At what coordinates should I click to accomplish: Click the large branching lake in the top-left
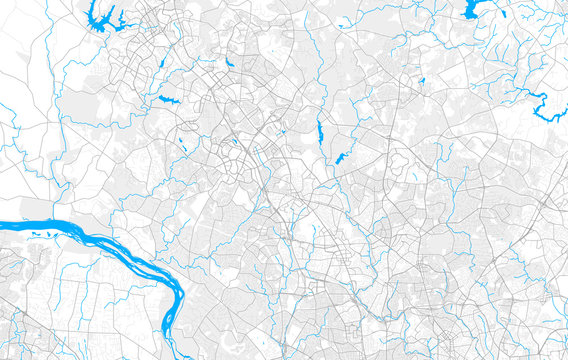pyautogui.click(x=100, y=17)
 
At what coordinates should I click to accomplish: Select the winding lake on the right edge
pyautogui.click(x=548, y=108)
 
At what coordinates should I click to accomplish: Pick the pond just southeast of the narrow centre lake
pyautogui.click(x=340, y=158)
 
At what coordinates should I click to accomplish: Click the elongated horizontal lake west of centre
pyautogui.click(x=166, y=99)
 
